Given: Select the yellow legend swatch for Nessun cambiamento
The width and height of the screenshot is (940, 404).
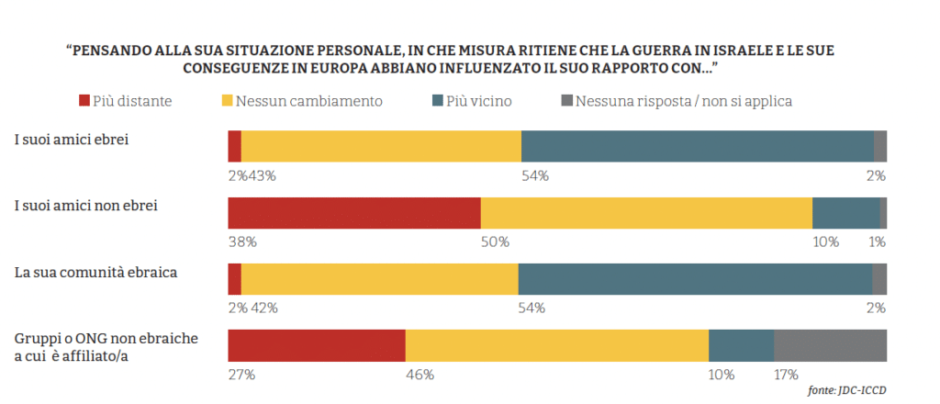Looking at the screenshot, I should (x=229, y=100).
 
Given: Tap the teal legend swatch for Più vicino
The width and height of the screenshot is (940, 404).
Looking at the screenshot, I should (x=437, y=100).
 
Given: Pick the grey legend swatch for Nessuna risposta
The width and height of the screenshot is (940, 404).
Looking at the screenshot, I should (x=566, y=100).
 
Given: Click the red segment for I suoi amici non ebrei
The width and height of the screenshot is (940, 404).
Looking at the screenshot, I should (x=354, y=212).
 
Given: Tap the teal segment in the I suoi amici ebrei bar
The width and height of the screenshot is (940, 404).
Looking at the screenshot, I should (x=697, y=146).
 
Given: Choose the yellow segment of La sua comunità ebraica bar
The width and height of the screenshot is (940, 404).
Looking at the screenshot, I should (x=379, y=278).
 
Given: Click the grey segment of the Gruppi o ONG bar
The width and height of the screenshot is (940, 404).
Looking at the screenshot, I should (x=830, y=345).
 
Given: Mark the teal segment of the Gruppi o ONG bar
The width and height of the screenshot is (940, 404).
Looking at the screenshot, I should (x=741, y=345).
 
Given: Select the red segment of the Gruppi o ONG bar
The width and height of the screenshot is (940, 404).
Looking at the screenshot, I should (x=317, y=345).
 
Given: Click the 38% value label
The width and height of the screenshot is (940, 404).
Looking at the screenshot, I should (x=242, y=242).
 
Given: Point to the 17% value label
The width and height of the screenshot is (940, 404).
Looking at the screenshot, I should (x=786, y=375).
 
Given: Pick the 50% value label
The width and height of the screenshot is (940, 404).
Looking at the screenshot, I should (x=495, y=242).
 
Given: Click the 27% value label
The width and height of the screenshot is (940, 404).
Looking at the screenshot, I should (x=241, y=375).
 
